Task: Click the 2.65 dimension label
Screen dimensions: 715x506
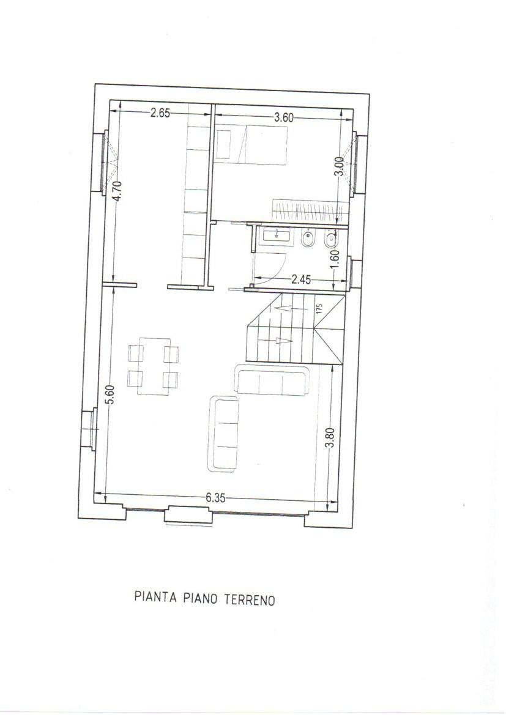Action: click(x=160, y=113)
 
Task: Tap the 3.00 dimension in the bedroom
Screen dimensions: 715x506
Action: click(x=339, y=166)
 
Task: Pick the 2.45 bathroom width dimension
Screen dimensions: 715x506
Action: click(x=301, y=280)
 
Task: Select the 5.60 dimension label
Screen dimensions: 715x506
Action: click(x=110, y=393)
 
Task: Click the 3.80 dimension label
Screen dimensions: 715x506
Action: click(x=330, y=437)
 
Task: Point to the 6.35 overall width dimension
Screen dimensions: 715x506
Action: click(x=215, y=498)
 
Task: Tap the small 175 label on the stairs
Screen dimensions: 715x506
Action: click(x=319, y=308)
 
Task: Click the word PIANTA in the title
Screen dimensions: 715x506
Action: click(x=155, y=597)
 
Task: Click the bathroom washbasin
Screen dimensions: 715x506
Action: click(x=277, y=236)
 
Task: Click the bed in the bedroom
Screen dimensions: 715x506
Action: click(x=251, y=144)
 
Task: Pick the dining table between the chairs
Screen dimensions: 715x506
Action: click(x=154, y=366)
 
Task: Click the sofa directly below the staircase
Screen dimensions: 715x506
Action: click(x=272, y=380)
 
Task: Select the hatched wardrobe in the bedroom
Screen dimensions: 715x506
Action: click(x=310, y=211)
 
